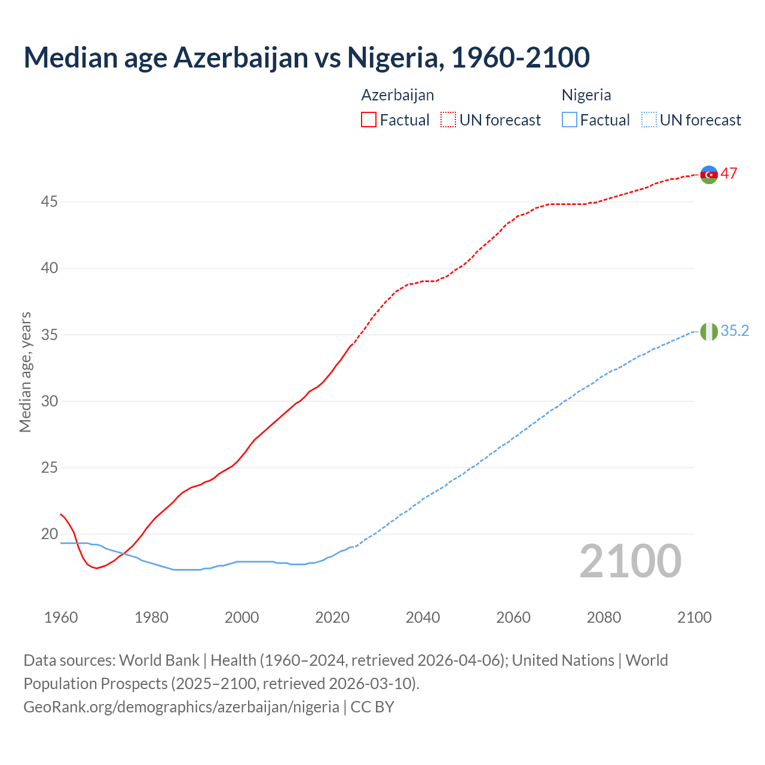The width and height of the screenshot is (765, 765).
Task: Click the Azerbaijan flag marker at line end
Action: pos(709,175)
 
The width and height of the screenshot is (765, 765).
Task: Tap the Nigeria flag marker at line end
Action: pos(709,331)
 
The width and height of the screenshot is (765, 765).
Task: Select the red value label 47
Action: pos(729,174)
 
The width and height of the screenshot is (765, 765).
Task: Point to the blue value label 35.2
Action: pos(735,331)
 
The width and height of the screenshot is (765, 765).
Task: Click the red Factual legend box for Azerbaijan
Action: pos(369,120)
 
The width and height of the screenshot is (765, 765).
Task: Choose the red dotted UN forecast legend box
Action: pos(448,120)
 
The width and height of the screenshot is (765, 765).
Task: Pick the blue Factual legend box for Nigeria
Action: pos(570,120)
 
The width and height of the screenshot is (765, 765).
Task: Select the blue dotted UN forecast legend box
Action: pos(648,120)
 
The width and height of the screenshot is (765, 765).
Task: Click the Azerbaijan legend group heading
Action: pos(397,95)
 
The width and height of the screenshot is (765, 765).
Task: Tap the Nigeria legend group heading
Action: pos(586,95)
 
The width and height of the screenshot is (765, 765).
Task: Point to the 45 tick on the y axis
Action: pos(49,202)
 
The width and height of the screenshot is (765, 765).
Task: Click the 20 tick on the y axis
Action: pos(49,534)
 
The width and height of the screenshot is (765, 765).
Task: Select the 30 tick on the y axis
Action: pos(49,401)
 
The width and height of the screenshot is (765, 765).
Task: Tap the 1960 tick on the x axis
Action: pos(61,617)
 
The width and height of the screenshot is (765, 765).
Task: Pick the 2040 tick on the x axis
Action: pos(423,617)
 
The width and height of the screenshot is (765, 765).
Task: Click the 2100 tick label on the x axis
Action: pos(694,617)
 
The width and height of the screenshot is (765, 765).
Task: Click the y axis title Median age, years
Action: pos(25,372)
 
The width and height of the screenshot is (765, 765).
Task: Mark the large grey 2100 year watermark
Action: pos(630,561)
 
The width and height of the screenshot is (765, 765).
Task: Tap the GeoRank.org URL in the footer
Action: pos(181,707)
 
